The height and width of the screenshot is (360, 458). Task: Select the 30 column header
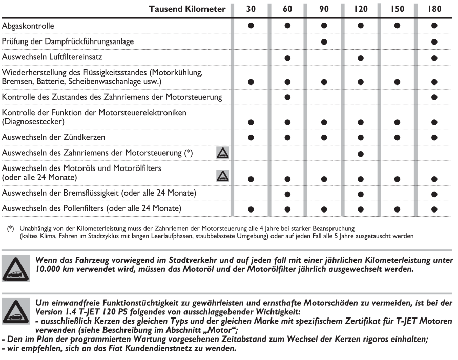coord(251,9)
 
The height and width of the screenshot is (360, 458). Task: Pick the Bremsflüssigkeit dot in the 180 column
coord(434,194)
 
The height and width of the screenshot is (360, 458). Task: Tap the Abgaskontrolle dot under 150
coord(398,25)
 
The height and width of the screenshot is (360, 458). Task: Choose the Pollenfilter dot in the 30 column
coord(251,209)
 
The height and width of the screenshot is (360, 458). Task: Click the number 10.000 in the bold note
coord(49,270)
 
